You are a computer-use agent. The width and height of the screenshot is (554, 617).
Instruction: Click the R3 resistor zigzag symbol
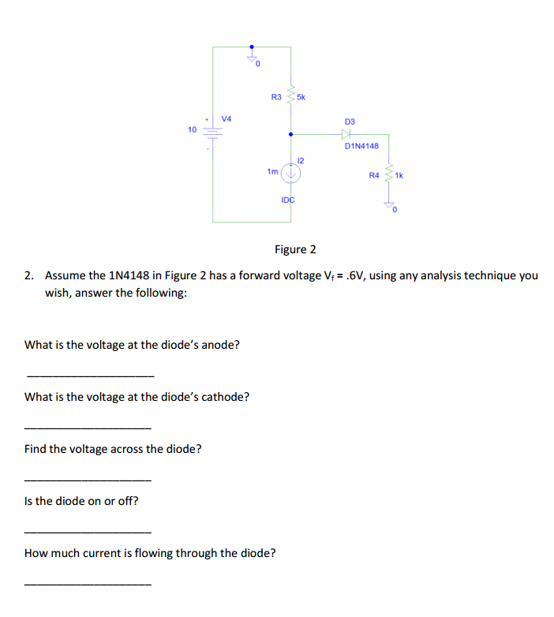coord(291,97)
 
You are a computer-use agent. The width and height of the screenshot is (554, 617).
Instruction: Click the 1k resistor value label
coord(399,175)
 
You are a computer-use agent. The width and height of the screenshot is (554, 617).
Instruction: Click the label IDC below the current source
coord(287,200)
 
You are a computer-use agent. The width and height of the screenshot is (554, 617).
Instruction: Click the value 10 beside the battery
coord(192,129)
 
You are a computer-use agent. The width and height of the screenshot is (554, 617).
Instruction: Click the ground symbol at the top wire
coord(253,58)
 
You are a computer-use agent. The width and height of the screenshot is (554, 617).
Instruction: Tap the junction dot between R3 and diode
coord(291,134)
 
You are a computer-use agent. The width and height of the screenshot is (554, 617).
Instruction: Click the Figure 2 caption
coord(295,249)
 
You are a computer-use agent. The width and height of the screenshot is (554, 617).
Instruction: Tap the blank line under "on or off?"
coord(88,531)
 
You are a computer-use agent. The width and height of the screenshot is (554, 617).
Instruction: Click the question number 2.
coord(29,275)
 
